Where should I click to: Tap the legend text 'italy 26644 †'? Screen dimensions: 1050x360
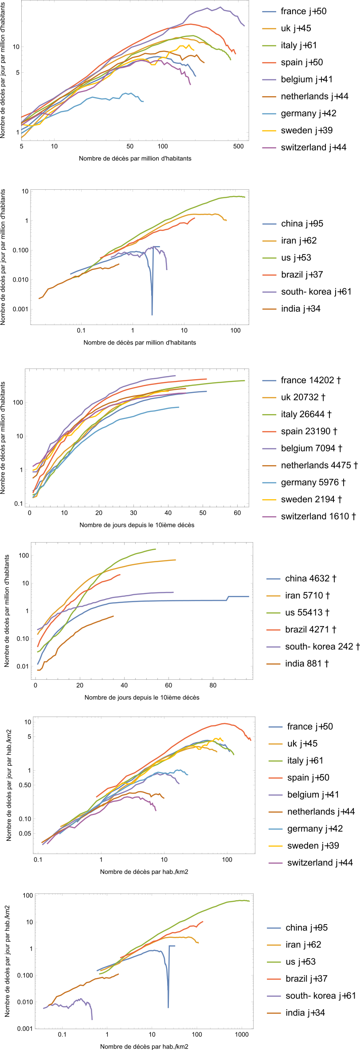pyautogui.click(x=306, y=414)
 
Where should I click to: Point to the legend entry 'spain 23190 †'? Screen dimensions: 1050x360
pyautogui.click(x=309, y=431)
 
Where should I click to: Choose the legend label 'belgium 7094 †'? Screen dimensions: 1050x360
pyautogui.click(x=312, y=448)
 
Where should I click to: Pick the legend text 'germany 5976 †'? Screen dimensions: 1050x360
pyautogui.click(x=313, y=482)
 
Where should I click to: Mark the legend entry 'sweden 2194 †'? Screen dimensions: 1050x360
pyautogui.click(x=311, y=499)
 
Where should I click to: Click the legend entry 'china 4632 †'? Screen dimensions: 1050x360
pyautogui.click(x=311, y=579)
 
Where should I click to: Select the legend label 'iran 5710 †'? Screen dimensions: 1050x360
pyautogui.click(x=307, y=596)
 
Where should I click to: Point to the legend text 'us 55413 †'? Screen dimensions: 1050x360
pyautogui.click(x=307, y=613)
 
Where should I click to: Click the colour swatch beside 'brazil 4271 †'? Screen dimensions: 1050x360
pyautogui.click(x=274, y=630)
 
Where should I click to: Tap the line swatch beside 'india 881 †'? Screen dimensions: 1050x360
pyautogui.click(x=274, y=664)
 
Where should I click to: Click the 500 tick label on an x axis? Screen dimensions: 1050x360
pyautogui.click(x=239, y=146)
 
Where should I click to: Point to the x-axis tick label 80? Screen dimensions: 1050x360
pyautogui.click(x=213, y=685)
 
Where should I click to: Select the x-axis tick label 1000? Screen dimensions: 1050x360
pyautogui.click(x=242, y=1034)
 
